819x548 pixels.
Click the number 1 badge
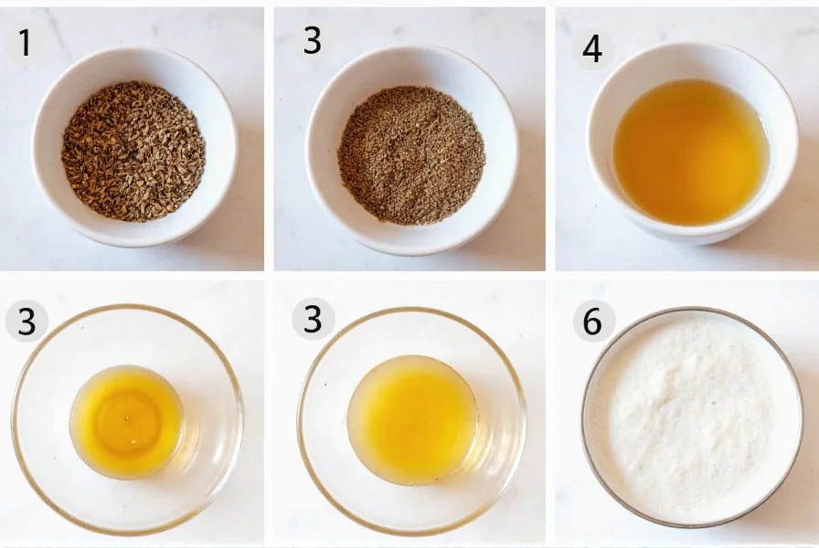(25, 43)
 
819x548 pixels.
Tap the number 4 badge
(592, 48)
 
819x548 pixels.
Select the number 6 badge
(593, 321)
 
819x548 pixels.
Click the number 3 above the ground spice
(313, 41)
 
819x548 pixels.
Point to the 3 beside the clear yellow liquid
(27, 321)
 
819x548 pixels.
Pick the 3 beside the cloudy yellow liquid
(314, 320)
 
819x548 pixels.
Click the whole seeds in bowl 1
(133, 151)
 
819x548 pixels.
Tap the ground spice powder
(411, 155)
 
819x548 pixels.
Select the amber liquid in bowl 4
(690, 151)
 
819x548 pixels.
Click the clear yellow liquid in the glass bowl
(128, 420)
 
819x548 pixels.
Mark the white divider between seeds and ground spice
(269, 137)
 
